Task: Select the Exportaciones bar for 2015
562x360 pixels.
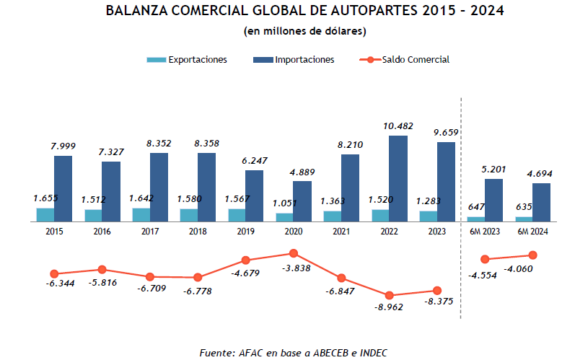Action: [45, 214]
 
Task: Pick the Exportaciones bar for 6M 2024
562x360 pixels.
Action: [524, 218]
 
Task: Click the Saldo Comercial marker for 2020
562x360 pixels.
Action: [294, 253]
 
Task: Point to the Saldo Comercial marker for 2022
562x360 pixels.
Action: [390, 295]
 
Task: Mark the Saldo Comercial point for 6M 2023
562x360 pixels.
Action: [485, 259]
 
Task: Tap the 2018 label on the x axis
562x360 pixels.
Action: [198, 231]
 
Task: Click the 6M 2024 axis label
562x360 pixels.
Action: [533, 231]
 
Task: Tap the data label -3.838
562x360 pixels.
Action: [294, 268]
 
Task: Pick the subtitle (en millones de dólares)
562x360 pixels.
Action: [304, 31]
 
